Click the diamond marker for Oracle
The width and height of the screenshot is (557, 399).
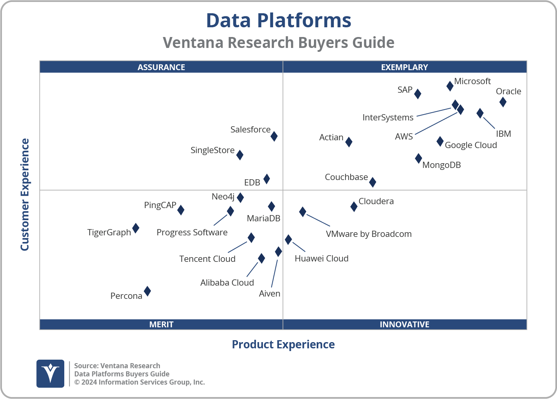503,102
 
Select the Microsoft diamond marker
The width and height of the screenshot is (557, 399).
450,86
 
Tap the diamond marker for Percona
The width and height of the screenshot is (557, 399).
147,291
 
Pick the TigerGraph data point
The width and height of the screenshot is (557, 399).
136,228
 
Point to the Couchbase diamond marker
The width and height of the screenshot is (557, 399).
373,182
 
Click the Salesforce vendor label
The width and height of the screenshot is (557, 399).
250,129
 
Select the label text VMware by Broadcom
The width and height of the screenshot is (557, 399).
368,234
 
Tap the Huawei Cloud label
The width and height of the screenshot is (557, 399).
321,258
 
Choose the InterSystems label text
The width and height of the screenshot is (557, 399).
388,117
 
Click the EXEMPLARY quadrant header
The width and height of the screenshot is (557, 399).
404,67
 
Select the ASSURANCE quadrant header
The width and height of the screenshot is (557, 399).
161,67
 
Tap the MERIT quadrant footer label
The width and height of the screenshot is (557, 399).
161,324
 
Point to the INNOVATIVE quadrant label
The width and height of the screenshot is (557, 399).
404,324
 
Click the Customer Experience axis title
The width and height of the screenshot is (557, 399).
25,195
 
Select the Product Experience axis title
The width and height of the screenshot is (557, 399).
283,344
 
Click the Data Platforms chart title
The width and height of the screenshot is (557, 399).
278,20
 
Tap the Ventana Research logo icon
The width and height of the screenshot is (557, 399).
50,373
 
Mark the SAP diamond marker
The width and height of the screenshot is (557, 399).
418,94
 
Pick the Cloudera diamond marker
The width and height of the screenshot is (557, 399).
354,207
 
